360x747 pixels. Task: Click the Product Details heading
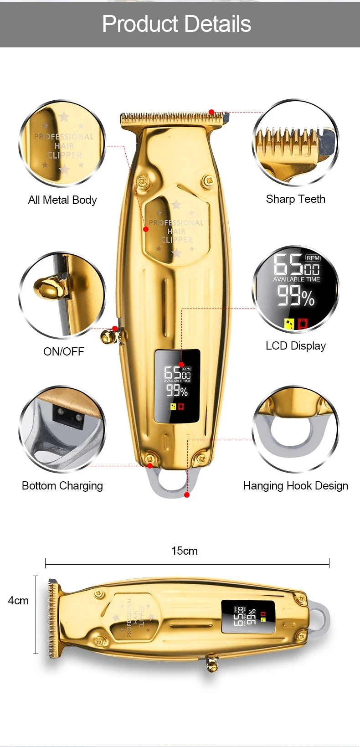click(176, 24)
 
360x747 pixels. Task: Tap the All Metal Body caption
click(62, 200)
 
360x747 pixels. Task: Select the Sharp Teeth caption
click(295, 199)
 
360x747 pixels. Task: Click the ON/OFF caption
click(63, 351)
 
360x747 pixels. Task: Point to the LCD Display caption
click(295, 346)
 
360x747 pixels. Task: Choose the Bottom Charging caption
click(62, 486)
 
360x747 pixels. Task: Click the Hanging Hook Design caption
click(295, 486)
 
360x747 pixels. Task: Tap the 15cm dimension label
click(184, 551)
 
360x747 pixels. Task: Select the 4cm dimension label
click(18, 601)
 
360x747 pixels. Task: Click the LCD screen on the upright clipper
click(177, 386)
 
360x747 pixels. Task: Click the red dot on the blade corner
click(211, 112)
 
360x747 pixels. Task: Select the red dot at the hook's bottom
click(187, 495)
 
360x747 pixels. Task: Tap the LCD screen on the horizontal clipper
click(248, 617)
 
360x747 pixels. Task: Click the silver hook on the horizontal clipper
click(320, 618)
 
